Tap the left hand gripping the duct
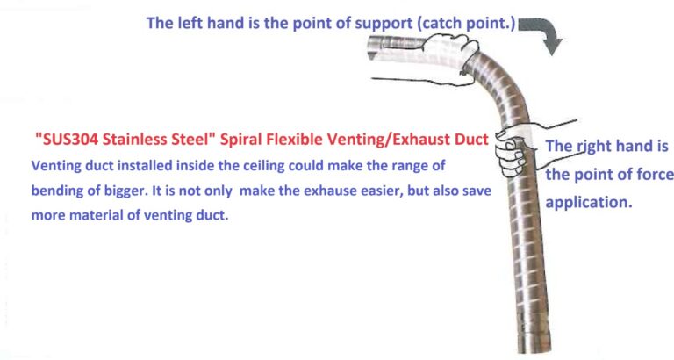point(447,56)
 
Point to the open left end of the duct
point(372,48)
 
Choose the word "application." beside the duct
point(589,203)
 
